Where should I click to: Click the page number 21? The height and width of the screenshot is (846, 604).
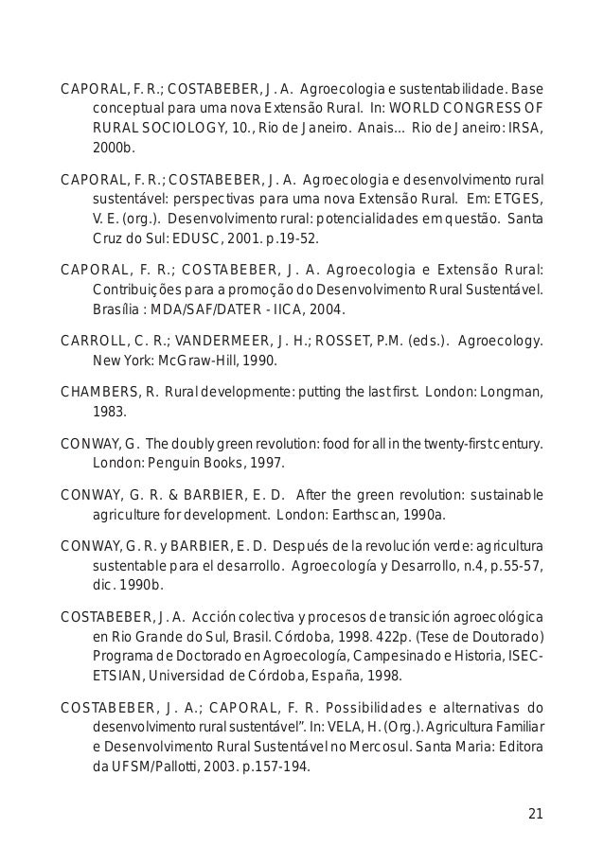pyautogui.click(x=536, y=814)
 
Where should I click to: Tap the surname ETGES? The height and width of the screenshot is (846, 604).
pyautogui.click(x=522, y=199)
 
